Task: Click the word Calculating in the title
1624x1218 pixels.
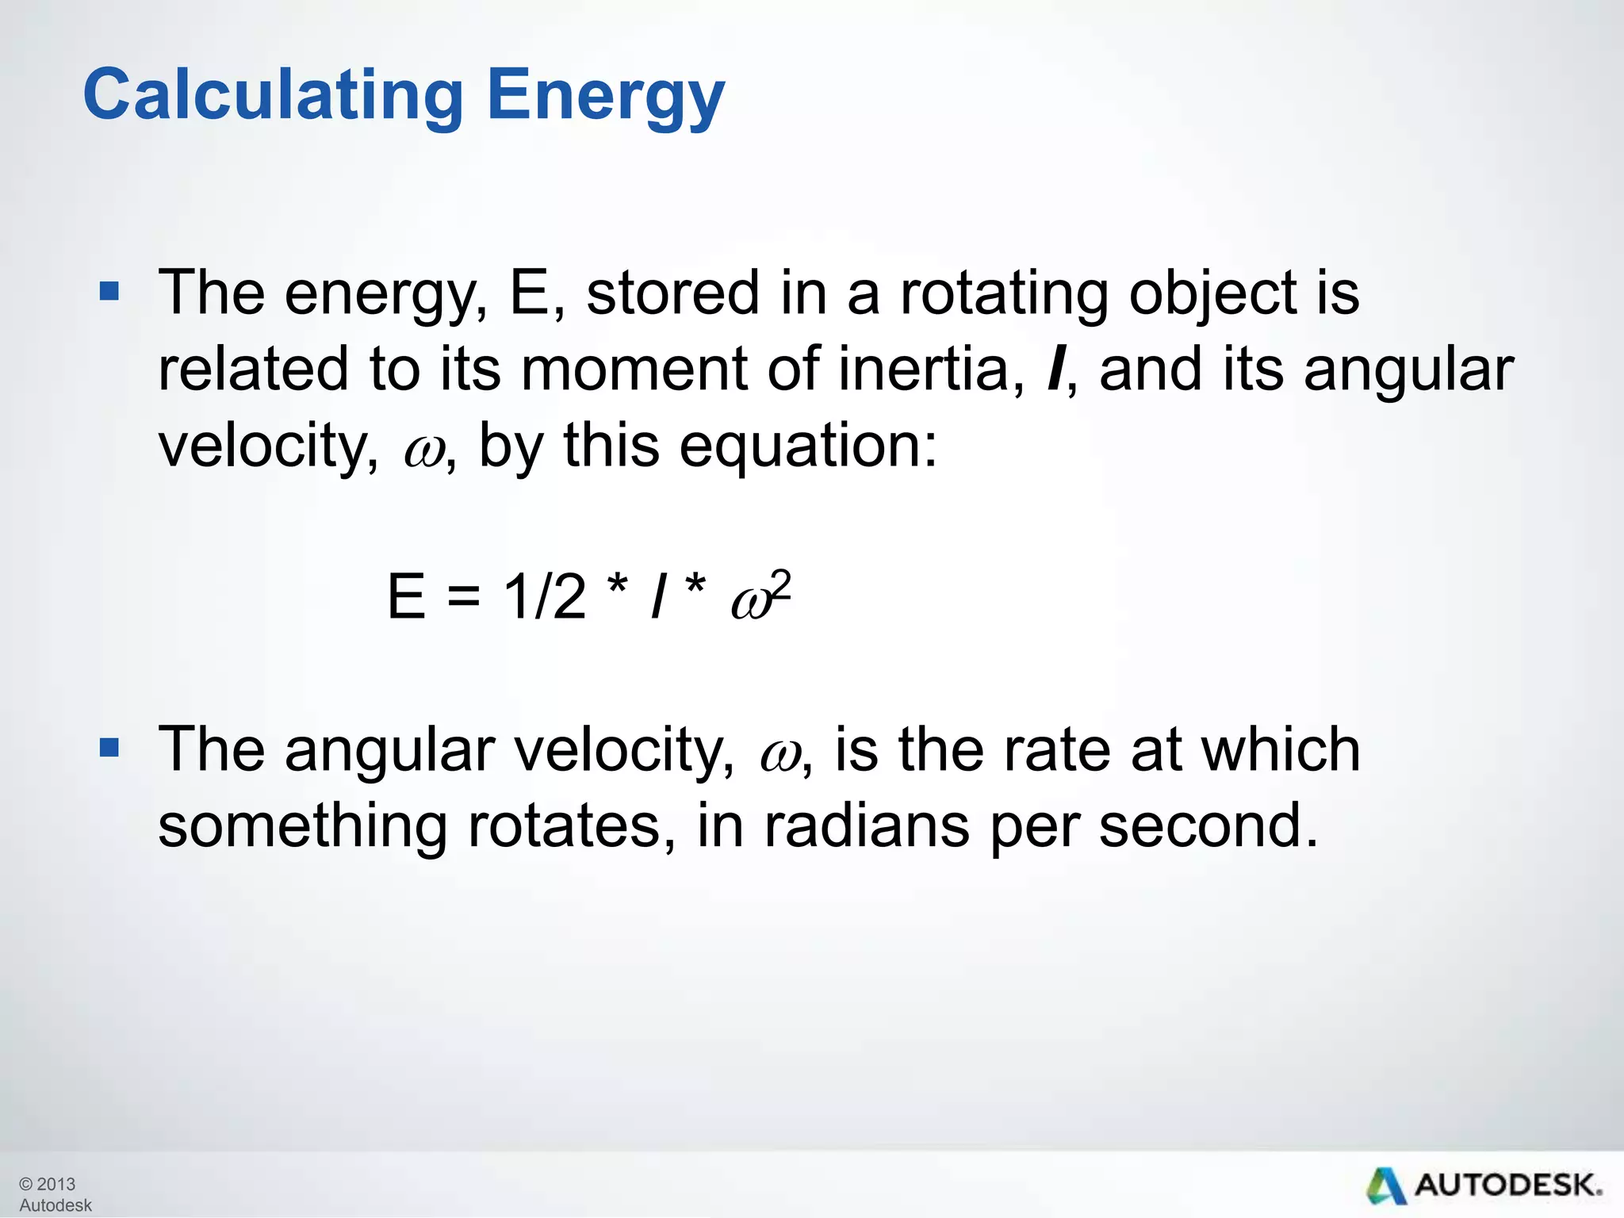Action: (273, 95)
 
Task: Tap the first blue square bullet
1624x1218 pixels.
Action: (109, 291)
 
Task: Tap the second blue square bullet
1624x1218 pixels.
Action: (109, 747)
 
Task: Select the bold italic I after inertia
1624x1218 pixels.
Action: (1055, 370)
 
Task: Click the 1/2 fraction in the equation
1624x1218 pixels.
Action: (545, 596)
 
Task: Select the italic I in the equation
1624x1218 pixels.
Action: (657, 596)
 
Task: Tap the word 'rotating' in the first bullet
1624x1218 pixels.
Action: (1003, 293)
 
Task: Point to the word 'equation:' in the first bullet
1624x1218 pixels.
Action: (808, 446)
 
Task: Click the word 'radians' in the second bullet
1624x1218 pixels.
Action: (867, 826)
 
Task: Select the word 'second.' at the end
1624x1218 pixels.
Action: (1208, 826)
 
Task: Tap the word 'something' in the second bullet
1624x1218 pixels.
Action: (303, 826)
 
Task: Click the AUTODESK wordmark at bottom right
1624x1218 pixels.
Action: (1507, 1185)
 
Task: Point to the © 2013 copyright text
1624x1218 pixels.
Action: (48, 1184)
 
